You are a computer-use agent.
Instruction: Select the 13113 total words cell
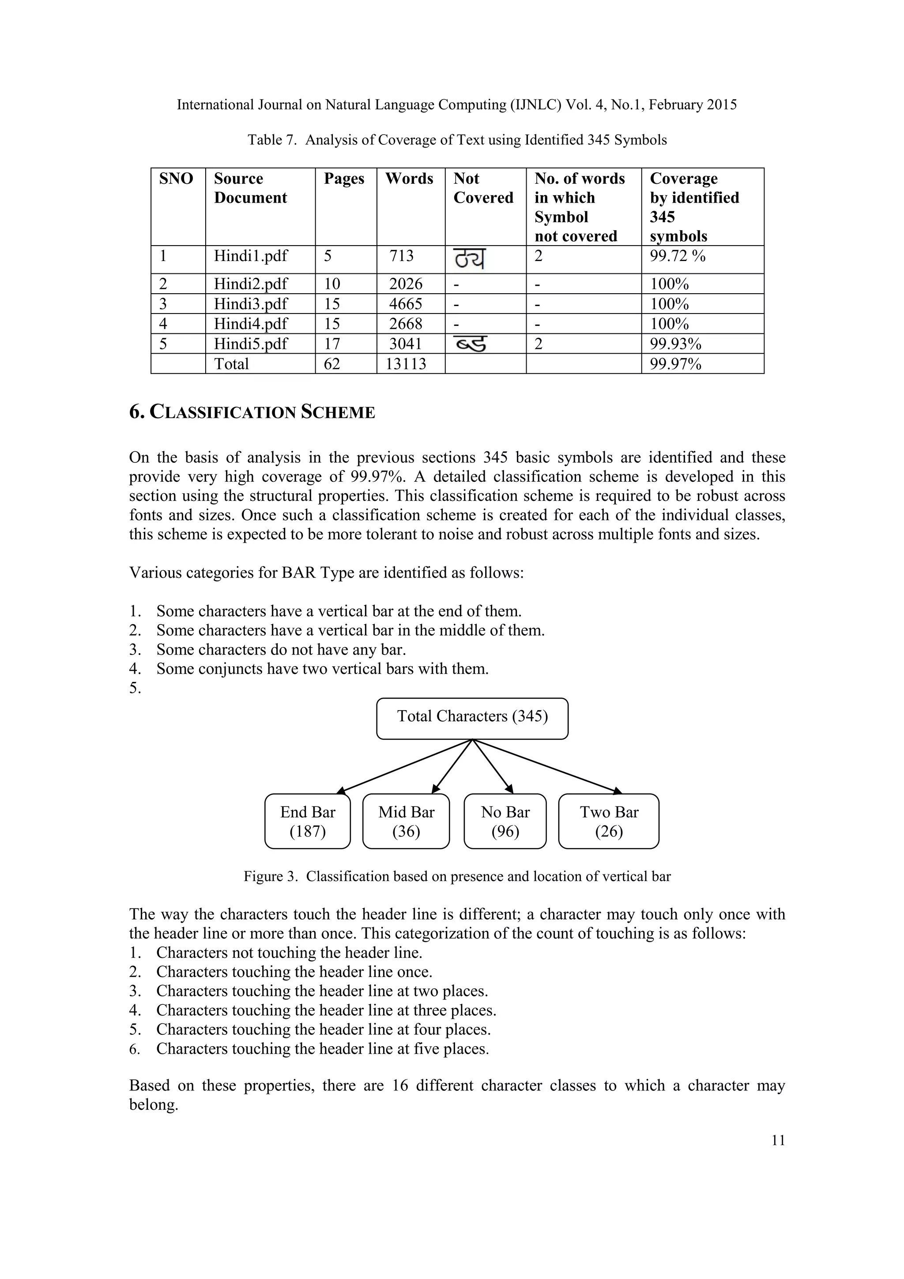[406, 364]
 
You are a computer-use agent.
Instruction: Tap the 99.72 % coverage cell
[678, 256]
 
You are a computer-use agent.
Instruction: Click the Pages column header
[344, 179]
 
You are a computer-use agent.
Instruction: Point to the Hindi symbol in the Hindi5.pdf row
[471, 344]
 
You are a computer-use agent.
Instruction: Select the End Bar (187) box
[307, 821]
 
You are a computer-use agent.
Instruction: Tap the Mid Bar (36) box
[406, 821]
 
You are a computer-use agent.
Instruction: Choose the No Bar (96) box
[505, 821]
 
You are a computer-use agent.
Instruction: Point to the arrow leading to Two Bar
[548, 767]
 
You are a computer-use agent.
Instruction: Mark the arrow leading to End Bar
[403, 767]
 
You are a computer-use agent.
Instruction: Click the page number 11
[778, 1141]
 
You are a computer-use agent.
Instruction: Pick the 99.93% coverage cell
[675, 344]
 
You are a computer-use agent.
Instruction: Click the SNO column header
[176, 179]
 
